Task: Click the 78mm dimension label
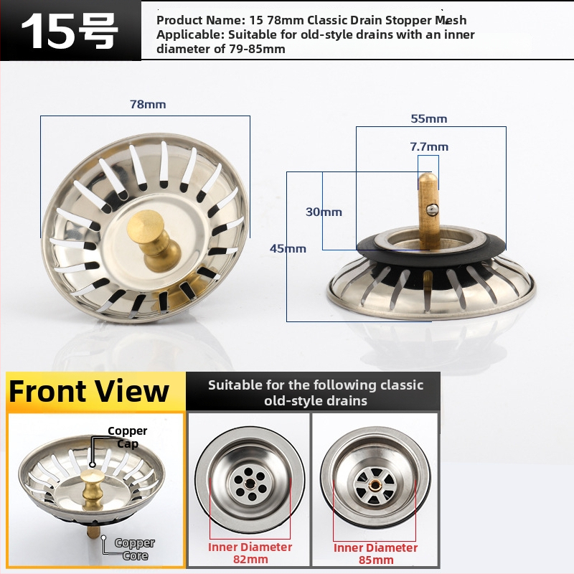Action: click(148, 104)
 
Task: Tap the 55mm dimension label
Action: click(428, 118)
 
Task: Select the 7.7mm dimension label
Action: click(429, 147)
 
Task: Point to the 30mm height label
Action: click(324, 212)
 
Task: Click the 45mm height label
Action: click(288, 248)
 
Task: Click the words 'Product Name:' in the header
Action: click(201, 20)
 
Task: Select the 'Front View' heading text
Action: click(89, 391)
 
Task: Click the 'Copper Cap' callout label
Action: click(128, 437)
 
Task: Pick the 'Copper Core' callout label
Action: click(135, 549)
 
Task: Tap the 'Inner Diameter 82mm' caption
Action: click(250, 553)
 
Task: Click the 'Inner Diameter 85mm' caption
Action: click(375, 553)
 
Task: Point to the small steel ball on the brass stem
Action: click(432, 210)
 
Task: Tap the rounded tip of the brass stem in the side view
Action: click(428, 179)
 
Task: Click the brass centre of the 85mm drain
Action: click(375, 486)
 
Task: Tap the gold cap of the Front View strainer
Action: click(93, 476)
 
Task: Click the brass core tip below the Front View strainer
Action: click(93, 532)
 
